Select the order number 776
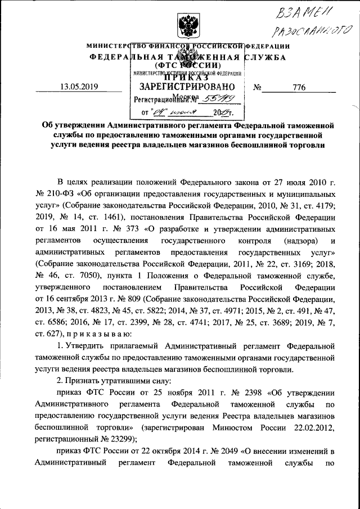299,87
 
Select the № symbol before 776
258,88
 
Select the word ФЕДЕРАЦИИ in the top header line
268,46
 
